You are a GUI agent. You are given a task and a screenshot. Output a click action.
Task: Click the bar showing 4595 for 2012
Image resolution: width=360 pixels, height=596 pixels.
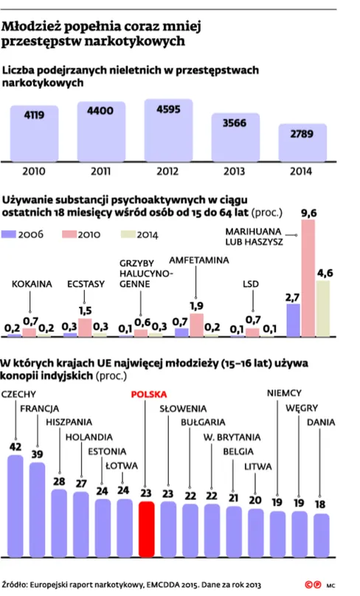[171, 131]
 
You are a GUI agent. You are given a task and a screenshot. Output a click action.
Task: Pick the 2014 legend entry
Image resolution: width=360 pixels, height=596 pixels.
[137, 235]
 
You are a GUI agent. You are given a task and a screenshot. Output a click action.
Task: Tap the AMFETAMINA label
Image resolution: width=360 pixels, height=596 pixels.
[198, 260]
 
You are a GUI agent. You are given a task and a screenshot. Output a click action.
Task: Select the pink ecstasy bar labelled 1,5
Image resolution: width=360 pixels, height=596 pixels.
[85, 327]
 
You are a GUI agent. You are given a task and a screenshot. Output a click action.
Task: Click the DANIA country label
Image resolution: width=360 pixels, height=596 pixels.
[321, 423]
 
